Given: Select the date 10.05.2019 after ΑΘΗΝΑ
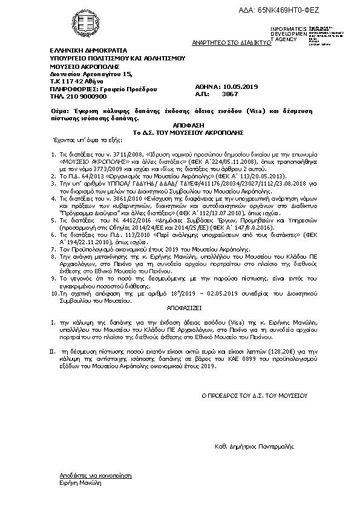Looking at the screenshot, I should tap(241, 87).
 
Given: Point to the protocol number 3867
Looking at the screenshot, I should tap(231, 94).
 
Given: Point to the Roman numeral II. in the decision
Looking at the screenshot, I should tap(51, 350).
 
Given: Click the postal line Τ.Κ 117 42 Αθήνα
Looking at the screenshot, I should tap(76, 80).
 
